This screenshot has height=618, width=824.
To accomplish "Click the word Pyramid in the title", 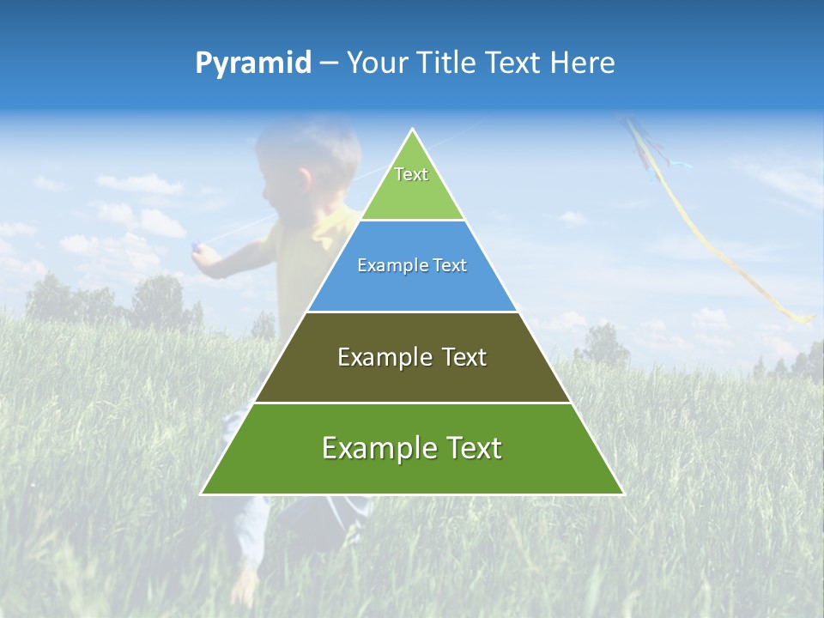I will tap(252, 64).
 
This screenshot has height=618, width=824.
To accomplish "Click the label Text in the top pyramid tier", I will tap(411, 174).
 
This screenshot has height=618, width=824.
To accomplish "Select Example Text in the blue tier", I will tap(412, 265).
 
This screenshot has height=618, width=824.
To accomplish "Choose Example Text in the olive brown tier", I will tap(412, 357).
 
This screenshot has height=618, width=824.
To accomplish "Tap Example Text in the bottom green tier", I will tap(412, 448).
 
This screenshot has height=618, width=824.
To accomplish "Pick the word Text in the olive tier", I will tap(464, 357).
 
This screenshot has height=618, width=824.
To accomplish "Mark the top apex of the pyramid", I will tap(413, 130).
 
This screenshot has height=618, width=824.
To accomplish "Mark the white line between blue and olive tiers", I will tap(412, 312).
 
